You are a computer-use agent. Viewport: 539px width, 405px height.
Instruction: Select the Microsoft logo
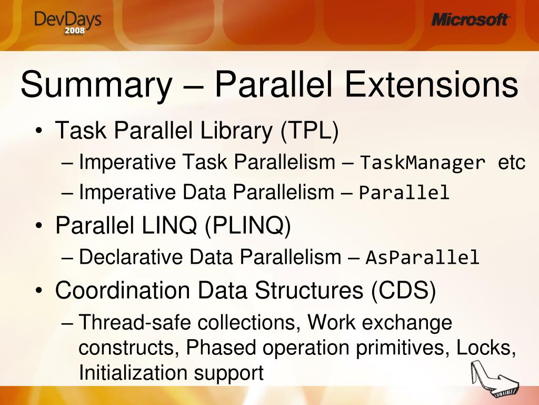(x=470, y=20)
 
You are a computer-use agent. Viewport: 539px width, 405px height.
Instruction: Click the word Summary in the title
(x=95, y=85)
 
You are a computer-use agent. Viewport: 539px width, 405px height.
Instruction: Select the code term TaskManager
(x=423, y=163)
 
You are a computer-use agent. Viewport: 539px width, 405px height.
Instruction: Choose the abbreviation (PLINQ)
(x=247, y=227)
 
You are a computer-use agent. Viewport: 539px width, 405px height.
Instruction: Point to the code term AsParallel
(x=423, y=258)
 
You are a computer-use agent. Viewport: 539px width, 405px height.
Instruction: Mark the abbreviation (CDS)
(x=403, y=291)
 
